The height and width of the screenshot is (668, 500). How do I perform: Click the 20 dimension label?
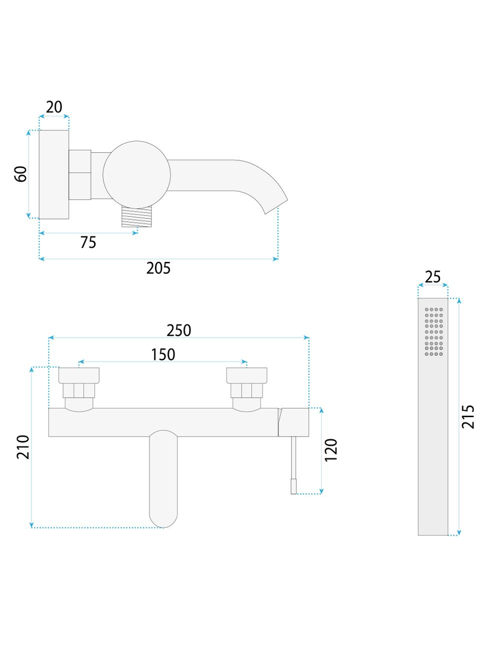tap(54, 107)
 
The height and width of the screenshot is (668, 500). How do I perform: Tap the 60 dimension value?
tap(20, 174)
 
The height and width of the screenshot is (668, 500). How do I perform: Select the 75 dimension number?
tap(88, 242)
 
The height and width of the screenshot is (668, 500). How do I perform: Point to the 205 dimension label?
tap(158, 268)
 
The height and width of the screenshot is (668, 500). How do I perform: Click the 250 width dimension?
tap(179, 330)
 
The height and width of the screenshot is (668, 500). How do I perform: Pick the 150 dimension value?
tap(163, 355)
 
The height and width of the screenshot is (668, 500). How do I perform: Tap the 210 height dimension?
tap(23, 447)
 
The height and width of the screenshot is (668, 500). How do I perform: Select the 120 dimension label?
tap(331, 450)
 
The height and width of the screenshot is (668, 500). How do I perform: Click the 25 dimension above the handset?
tap(432, 277)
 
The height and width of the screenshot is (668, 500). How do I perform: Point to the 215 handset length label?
tap(468, 417)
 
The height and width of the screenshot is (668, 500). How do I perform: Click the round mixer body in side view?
tap(136, 175)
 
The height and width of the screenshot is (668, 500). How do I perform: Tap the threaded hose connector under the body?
tap(136, 216)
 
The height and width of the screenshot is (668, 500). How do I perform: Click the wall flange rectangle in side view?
tap(54, 175)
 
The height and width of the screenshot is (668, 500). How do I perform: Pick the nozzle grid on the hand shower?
tap(434, 331)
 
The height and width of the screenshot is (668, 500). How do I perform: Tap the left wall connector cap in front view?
tap(79, 375)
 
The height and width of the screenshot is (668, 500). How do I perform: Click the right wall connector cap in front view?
tap(246, 375)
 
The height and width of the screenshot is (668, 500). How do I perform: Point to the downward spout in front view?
tap(163, 479)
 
